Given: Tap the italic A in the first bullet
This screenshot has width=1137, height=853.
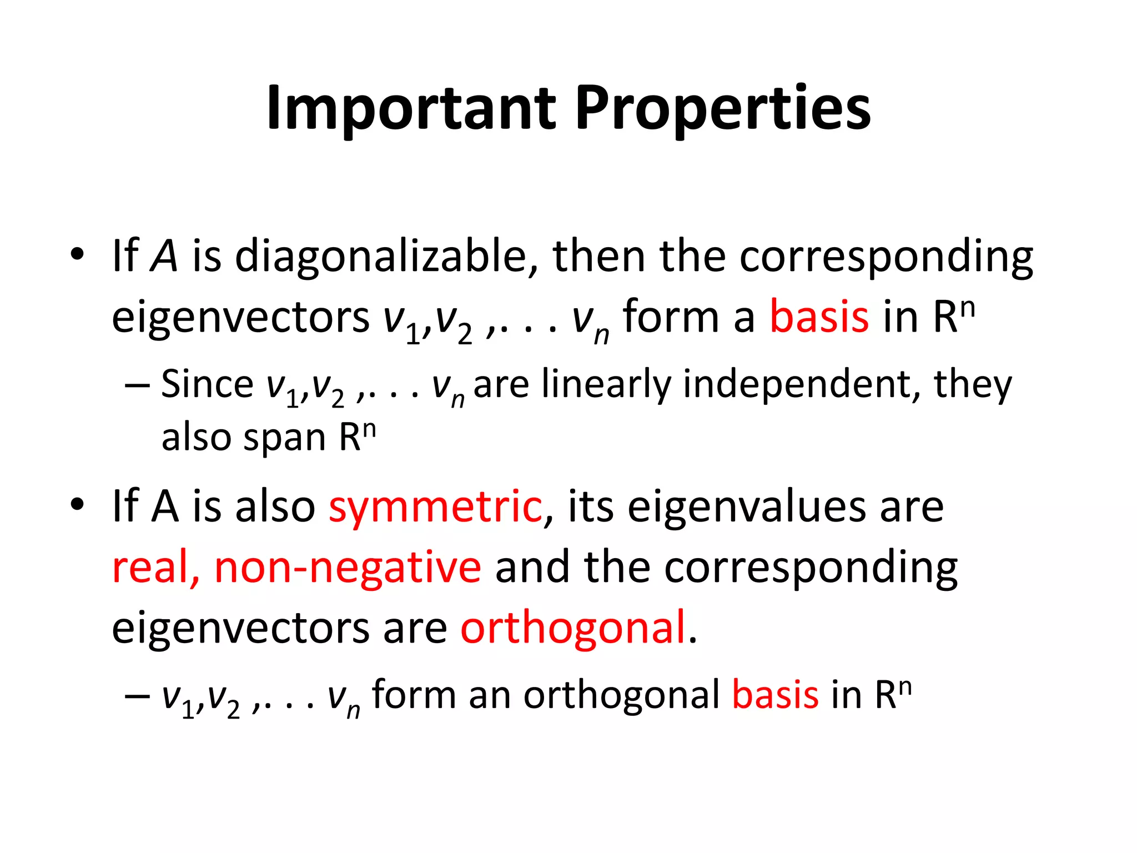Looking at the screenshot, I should pyautogui.click(x=164, y=257).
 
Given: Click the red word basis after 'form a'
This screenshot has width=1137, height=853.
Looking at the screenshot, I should pyautogui.click(x=819, y=317).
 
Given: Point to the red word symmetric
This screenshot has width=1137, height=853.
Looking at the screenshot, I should pyautogui.click(x=435, y=506).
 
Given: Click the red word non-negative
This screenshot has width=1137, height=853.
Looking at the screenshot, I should pyautogui.click(x=348, y=567).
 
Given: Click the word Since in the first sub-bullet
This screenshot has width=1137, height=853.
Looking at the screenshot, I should pyautogui.click(x=207, y=384).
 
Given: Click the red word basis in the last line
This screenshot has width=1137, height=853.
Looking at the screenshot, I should pyautogui.click(x=775, y=695).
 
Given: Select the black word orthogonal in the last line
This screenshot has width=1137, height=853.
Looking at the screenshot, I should pyautogui.click(x=621, y=695).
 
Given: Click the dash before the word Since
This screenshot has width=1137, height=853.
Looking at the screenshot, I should pyautogui.click(x=137, y=384).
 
